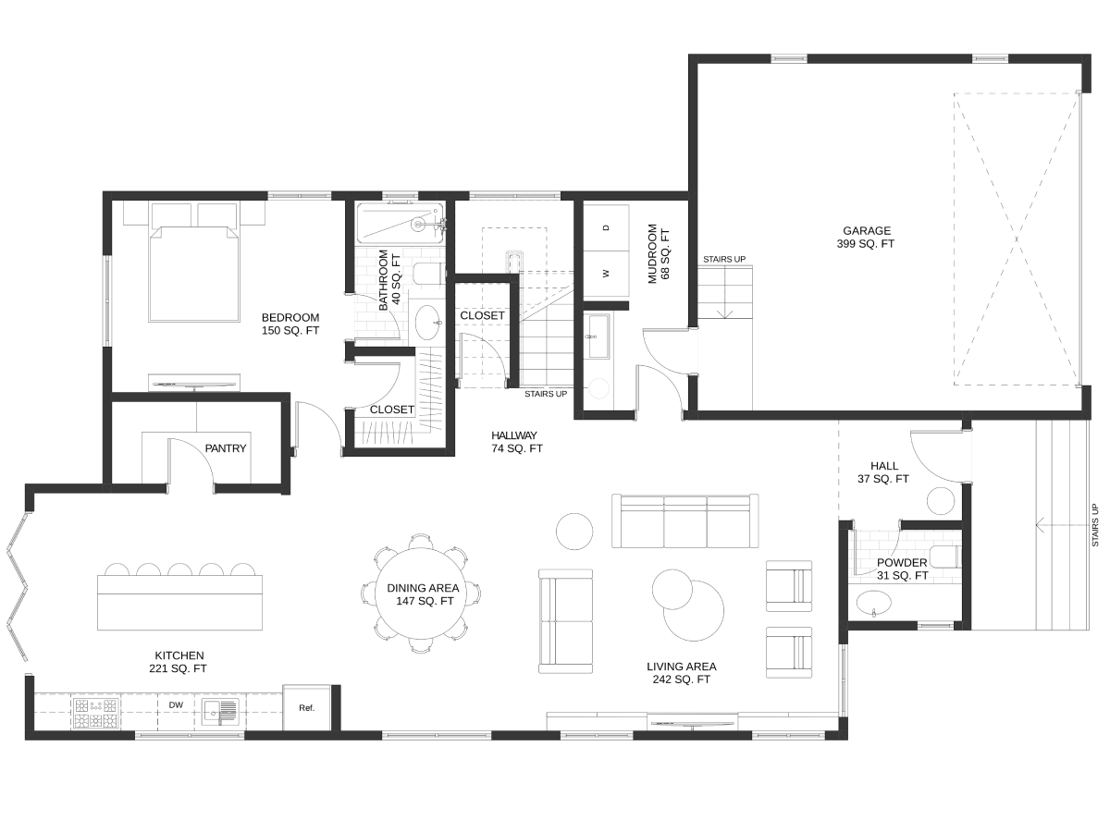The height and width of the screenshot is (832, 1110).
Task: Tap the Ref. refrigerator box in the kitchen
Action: coord(306,707)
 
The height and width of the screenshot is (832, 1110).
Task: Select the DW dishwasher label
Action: coord(176,704)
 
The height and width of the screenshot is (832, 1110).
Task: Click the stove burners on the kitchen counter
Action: coord(96,713)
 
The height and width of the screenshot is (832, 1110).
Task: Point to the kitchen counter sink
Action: coord(220,711)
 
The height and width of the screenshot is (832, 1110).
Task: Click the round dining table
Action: coord(421,593)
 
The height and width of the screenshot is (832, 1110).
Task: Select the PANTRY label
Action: coord(226,448)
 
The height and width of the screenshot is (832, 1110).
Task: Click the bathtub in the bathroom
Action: coord(401,224)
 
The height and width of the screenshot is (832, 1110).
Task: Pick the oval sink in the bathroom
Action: coord(428,323)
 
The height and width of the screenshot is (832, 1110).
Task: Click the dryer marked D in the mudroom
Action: coord(606,227)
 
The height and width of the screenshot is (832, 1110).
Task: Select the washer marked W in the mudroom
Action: coord(606,274)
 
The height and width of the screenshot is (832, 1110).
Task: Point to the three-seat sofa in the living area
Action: coord(685,520)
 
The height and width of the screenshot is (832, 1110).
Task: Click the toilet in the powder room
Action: coord(944,557)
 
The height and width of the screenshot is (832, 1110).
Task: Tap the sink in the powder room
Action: coord(874,603)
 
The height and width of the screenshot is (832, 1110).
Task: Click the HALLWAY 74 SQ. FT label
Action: coord(516,442)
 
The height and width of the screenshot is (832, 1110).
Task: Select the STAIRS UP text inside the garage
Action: coord(724,259)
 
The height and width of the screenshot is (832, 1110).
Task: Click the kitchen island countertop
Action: coord(179,602)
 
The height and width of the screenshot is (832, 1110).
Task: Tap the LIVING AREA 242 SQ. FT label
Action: coord(682,673)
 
